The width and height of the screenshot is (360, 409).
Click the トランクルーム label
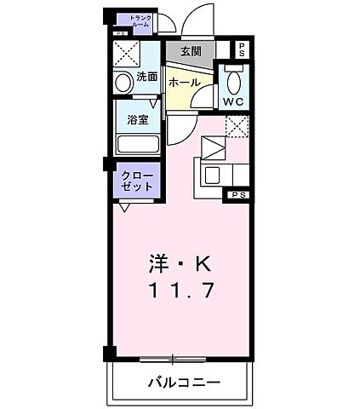tap(140, 21)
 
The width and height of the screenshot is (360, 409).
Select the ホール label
tap(184, 83)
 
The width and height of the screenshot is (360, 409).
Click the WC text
tap(234, 102)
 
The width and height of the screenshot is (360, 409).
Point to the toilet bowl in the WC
tap(234, 81)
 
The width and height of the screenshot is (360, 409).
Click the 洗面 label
tap(147, 77)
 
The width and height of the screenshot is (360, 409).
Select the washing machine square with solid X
tap(128, 55)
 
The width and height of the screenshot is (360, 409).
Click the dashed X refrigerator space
tap(237, 126)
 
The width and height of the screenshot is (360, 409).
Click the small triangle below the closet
tap(124, 208)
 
